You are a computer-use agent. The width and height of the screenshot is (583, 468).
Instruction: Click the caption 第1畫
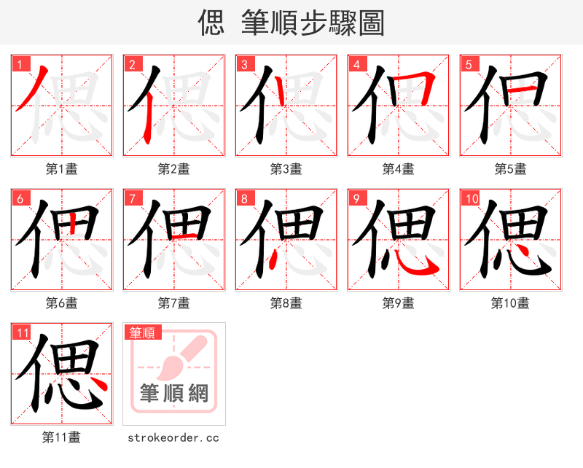(x=61, y=169)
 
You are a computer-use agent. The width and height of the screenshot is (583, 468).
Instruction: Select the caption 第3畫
(x=286, y=169)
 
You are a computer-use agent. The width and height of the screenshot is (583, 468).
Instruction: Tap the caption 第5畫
(x=510, y=169)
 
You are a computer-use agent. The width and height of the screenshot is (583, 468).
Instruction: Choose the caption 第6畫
(x=61, y=303)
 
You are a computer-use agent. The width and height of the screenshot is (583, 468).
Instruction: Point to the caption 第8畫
(x=286, y=303)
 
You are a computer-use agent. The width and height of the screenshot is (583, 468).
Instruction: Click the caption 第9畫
(x=398, y=303)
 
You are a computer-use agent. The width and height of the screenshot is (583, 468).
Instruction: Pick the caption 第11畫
(x=61, y=437)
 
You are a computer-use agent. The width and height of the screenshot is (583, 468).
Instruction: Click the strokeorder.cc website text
(x=173, y=437)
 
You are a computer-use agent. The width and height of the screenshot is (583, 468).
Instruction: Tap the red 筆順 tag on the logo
(x=141, y=332)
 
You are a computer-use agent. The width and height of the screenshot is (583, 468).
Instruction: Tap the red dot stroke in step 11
(x=100, y=384)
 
